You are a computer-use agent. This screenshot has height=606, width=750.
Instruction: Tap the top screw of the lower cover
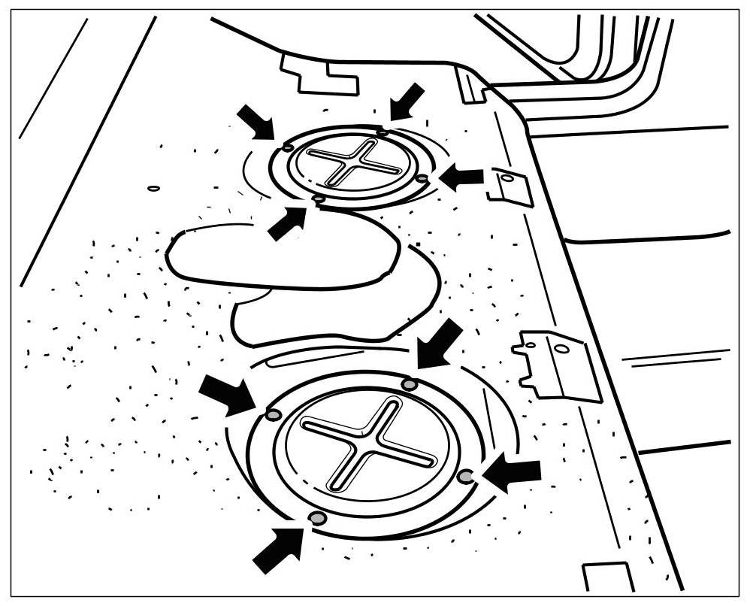(410, 385)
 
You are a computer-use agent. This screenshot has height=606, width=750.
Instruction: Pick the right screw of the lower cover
(464, 475)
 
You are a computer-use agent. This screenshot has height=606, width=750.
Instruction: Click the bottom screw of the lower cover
(317, 518)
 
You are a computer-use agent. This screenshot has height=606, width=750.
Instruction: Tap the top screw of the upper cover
(383, 132)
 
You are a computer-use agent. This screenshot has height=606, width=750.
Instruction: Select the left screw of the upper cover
(288, 147)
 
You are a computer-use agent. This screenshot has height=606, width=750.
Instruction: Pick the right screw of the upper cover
(422, 178)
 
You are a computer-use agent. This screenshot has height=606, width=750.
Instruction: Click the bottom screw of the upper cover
(319, 199)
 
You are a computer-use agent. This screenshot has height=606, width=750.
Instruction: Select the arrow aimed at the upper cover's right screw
(462, 177)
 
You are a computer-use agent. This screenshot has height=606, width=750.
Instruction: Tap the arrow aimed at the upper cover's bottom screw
(288, 223)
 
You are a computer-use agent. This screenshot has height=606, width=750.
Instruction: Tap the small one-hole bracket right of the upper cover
(510, 186)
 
